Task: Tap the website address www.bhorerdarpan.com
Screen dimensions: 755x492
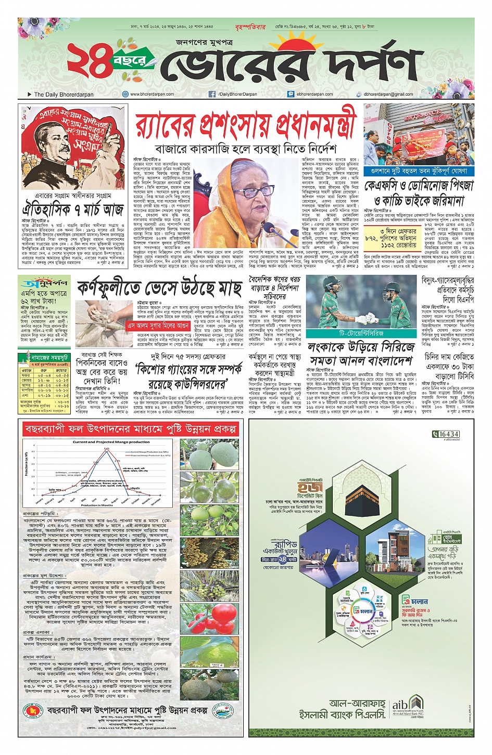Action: pos(152,94)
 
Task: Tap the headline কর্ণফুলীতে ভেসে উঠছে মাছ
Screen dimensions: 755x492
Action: pos(159,288)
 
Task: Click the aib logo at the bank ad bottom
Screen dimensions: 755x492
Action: pos(399,702)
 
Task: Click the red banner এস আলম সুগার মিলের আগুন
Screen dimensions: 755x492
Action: pos(158,326)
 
